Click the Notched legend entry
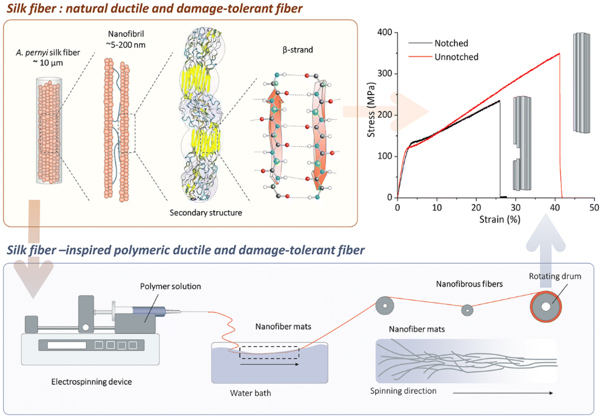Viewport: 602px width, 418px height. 451,43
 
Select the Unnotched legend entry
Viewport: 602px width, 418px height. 456,57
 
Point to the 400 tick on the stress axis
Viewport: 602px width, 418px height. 385,32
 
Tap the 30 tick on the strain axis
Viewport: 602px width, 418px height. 515,207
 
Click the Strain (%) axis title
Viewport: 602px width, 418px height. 499,220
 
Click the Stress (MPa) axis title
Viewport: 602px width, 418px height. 371,110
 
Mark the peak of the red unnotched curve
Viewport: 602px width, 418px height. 559,54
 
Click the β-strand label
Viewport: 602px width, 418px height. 298,50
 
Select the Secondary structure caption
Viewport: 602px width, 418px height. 206,213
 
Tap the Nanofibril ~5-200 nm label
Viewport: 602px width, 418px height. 126,39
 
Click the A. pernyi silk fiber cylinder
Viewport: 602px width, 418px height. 49,131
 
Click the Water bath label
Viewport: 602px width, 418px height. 250,393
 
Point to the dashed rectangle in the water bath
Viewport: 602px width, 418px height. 269,352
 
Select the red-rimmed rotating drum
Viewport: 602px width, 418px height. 546,307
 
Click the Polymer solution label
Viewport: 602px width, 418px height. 170,286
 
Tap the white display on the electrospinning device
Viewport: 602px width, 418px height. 67,345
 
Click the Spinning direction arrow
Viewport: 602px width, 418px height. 503,393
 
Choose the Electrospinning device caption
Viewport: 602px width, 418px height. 91,382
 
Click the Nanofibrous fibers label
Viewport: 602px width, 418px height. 469,284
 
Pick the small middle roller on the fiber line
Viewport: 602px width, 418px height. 467,310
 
